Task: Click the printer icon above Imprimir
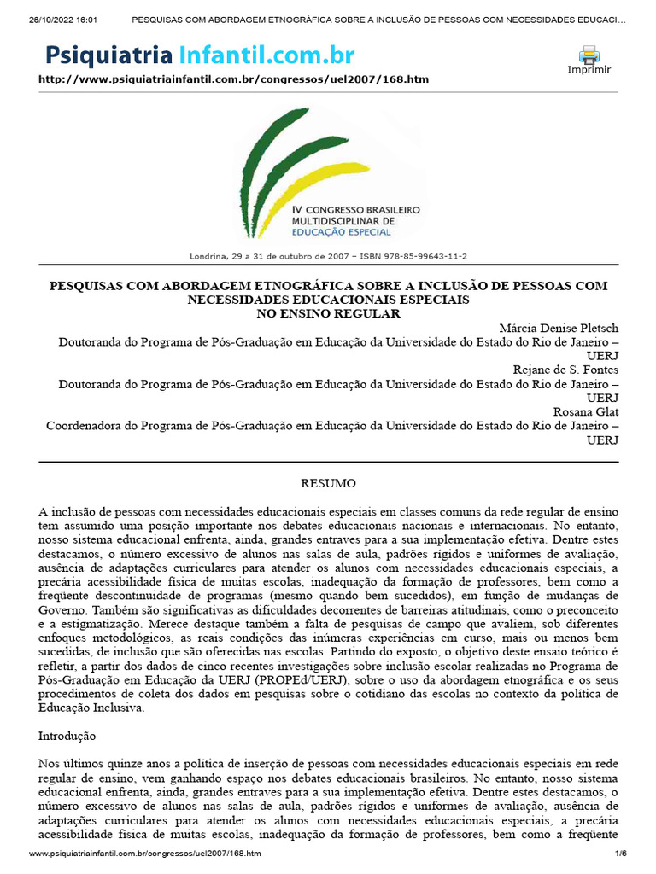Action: click(589, 55)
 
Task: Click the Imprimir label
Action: click(589, 70)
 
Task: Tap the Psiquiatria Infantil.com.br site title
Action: click(200, 56)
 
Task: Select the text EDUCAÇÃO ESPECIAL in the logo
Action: click(342, 231)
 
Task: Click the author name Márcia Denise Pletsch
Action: click(559, 329)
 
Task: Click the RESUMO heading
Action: click(328, 483)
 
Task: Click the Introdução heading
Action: click(67, 735)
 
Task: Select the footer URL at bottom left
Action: click(145, 854)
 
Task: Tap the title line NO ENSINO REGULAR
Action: click(329, 314)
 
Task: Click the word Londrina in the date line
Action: click(207, 256)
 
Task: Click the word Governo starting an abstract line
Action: click(61, 609)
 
